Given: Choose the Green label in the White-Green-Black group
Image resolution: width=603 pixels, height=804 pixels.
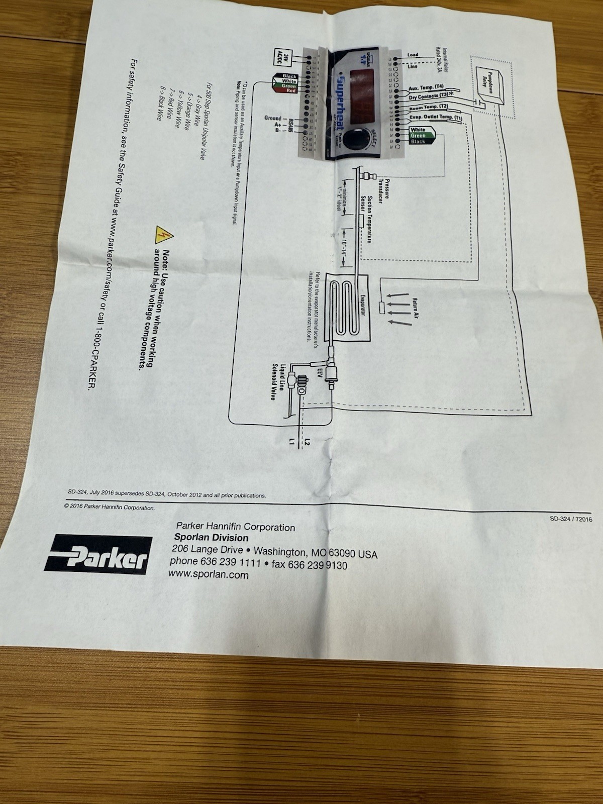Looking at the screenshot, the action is click(x=418, y=136).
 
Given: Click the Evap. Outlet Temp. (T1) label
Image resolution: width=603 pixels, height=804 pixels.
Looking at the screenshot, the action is click(x=434, y=118).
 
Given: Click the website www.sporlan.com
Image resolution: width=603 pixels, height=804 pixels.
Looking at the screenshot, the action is click(x=208, y=574).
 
